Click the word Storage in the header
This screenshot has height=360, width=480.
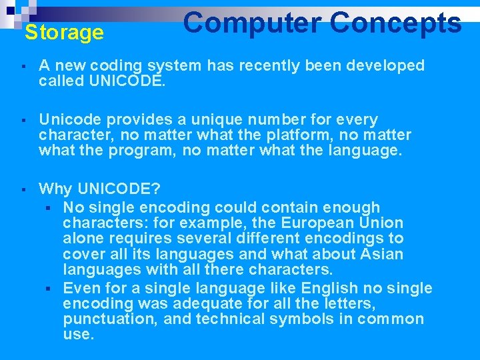[64, 33]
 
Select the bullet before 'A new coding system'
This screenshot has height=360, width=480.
[23, 67]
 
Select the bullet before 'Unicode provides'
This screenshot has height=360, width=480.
[23, 121]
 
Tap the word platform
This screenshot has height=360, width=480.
[292, 135]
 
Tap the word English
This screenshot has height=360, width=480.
[330, 288]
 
